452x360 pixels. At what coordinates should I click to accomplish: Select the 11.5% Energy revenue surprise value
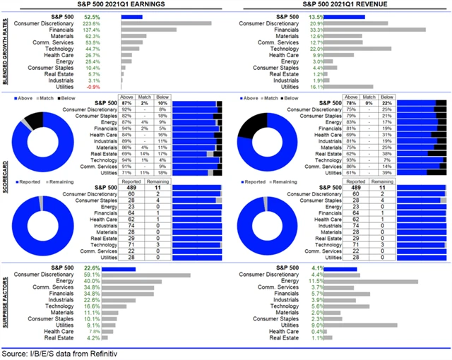coord(319,282)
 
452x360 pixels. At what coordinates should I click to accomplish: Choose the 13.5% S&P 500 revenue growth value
coord(318,15)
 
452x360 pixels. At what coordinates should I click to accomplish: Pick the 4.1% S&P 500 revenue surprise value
coord(319,268)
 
